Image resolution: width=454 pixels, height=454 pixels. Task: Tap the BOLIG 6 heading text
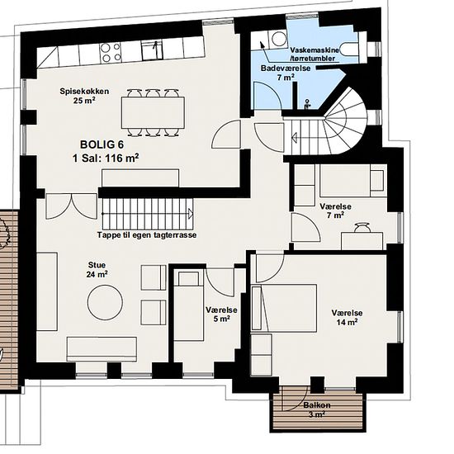102,144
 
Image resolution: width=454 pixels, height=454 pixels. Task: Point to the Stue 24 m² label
97,270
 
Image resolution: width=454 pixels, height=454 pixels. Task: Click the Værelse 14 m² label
347,318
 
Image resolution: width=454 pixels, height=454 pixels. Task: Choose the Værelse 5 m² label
221,314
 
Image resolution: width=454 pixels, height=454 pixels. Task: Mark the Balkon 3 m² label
317,409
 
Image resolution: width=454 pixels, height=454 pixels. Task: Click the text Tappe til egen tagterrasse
147,234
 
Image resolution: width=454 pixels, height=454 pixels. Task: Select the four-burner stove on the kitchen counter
111,52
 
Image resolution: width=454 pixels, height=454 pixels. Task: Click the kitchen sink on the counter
153,51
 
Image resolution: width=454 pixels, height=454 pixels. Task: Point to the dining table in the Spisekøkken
153,112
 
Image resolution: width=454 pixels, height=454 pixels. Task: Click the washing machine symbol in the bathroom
277,39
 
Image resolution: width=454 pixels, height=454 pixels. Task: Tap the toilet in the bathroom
348,49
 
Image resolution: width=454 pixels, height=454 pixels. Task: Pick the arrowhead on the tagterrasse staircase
191,214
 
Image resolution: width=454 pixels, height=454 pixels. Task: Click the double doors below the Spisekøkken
71,206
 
